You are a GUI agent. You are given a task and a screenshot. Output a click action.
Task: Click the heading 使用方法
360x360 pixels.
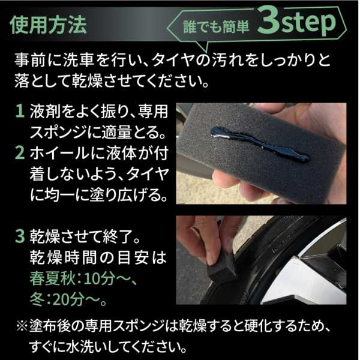[x=48, y=25]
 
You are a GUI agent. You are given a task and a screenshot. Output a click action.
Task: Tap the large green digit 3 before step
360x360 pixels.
[x=269, y=21]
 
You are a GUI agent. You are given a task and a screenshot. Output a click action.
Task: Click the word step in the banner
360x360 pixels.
[x=308, y=23]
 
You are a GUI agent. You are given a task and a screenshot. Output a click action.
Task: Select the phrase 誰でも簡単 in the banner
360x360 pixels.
[x=216, y=27]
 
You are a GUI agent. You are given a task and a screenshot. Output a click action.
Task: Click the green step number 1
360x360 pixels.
[x=20, y=111]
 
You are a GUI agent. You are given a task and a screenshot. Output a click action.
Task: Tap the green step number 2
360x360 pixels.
[x=20, y=153]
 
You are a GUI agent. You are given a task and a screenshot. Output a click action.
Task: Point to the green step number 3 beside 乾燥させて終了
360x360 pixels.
[x=20, y=236]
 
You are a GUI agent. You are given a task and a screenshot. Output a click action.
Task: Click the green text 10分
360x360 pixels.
[x=99, y=279]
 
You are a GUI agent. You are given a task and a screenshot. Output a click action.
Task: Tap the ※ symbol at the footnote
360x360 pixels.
[x=22, y=326]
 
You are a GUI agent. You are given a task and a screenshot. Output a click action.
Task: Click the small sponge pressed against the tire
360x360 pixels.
[x=221, y=271]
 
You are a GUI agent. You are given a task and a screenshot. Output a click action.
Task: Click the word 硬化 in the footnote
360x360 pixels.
[x=257, y=326]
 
